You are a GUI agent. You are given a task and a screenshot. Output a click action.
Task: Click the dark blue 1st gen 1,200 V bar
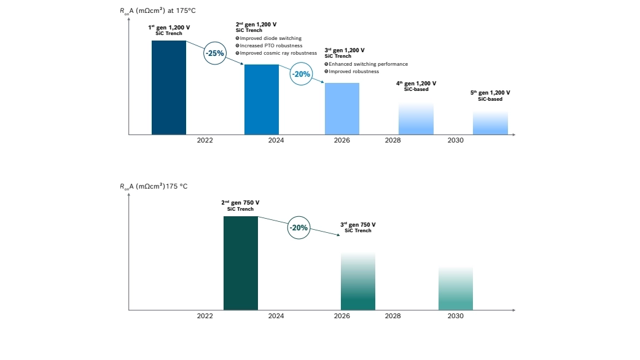coord(169,87)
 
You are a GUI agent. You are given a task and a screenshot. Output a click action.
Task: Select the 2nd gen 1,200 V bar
coord(262,100)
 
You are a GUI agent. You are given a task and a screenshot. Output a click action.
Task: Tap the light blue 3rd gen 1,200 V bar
coord(342,109)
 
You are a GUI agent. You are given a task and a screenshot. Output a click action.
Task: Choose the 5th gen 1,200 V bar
coord(490,123)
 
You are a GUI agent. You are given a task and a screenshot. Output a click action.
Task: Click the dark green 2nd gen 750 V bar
coord(241,263)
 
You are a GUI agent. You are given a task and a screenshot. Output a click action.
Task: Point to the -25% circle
coord(215,53)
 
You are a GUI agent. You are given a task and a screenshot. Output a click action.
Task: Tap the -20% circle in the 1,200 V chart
coord(301,74)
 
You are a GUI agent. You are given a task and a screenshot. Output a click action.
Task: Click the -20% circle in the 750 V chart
coord(299,227)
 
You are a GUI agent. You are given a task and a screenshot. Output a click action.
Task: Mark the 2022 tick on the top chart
coord(205,141)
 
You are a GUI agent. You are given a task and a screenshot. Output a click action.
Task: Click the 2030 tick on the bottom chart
coord(456,316)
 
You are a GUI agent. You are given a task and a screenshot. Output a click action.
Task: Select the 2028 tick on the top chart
coord(392,141)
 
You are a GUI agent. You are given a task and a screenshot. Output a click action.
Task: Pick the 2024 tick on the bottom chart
coord(276,316)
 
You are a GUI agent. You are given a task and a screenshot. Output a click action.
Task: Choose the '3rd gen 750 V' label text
coord(358,225)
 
